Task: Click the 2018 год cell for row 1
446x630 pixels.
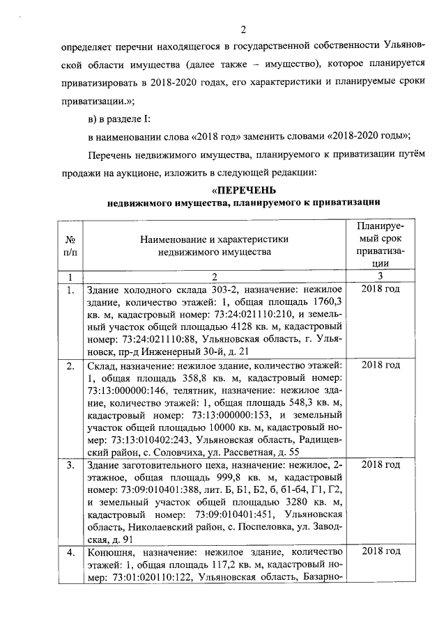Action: (381, 290)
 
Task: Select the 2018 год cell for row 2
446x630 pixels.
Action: (381, 365)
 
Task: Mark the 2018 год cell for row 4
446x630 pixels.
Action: (381, 552)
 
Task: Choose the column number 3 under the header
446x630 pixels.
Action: (380, 277)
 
